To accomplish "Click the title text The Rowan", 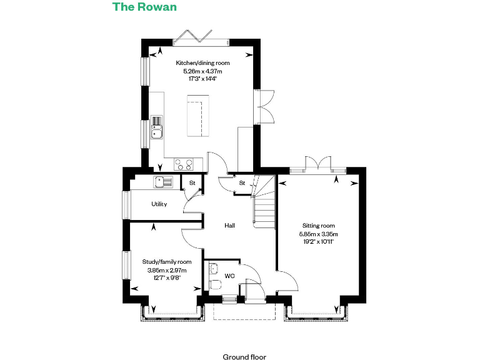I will coord(144,7).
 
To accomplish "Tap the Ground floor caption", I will coord(244,357).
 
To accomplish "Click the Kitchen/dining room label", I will coord(202,63).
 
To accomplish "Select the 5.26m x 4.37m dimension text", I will coord(202,72).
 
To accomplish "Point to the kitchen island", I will coord(197,117).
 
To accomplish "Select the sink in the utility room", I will coord(164,182).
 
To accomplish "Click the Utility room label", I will coord(159,204).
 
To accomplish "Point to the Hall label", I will coord(230,225).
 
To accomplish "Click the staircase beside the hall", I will coord(264,203).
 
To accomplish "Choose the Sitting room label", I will coord(319,226).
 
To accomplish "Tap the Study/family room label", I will coord(166,262).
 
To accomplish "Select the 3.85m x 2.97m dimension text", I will coord(166,270).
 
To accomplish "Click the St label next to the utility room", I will coord(192,182).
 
